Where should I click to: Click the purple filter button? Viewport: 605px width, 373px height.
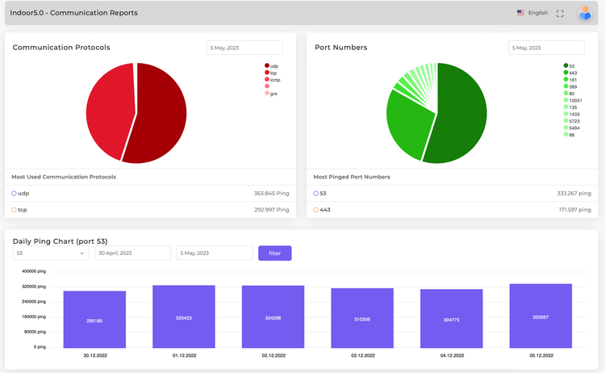[274, 254]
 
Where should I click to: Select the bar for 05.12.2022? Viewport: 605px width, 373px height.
[540, 316]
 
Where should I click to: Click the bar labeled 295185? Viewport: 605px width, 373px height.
[94, 320]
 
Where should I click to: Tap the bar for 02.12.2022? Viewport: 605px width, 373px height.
[273, 316]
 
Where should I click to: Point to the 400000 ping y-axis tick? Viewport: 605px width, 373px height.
[35, 272]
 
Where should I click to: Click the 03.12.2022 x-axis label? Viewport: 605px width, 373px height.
[362, 354]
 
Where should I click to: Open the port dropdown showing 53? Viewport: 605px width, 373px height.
[50, 254]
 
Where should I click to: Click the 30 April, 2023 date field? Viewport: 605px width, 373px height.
[132, 254]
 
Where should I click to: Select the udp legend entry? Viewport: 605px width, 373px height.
[274, 65]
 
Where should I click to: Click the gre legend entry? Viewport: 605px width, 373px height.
[274, 94]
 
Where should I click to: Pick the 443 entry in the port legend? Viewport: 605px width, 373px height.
[572, 73]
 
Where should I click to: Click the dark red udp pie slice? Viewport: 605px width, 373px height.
[161, 113]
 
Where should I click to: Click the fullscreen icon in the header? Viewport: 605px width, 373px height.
[560, 14]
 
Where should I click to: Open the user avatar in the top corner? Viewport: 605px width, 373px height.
[585, 13]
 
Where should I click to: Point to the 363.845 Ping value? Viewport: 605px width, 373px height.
[271, 194]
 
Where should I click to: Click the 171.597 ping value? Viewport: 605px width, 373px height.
[574, 210]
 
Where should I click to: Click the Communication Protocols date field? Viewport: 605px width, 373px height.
[244, 48]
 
